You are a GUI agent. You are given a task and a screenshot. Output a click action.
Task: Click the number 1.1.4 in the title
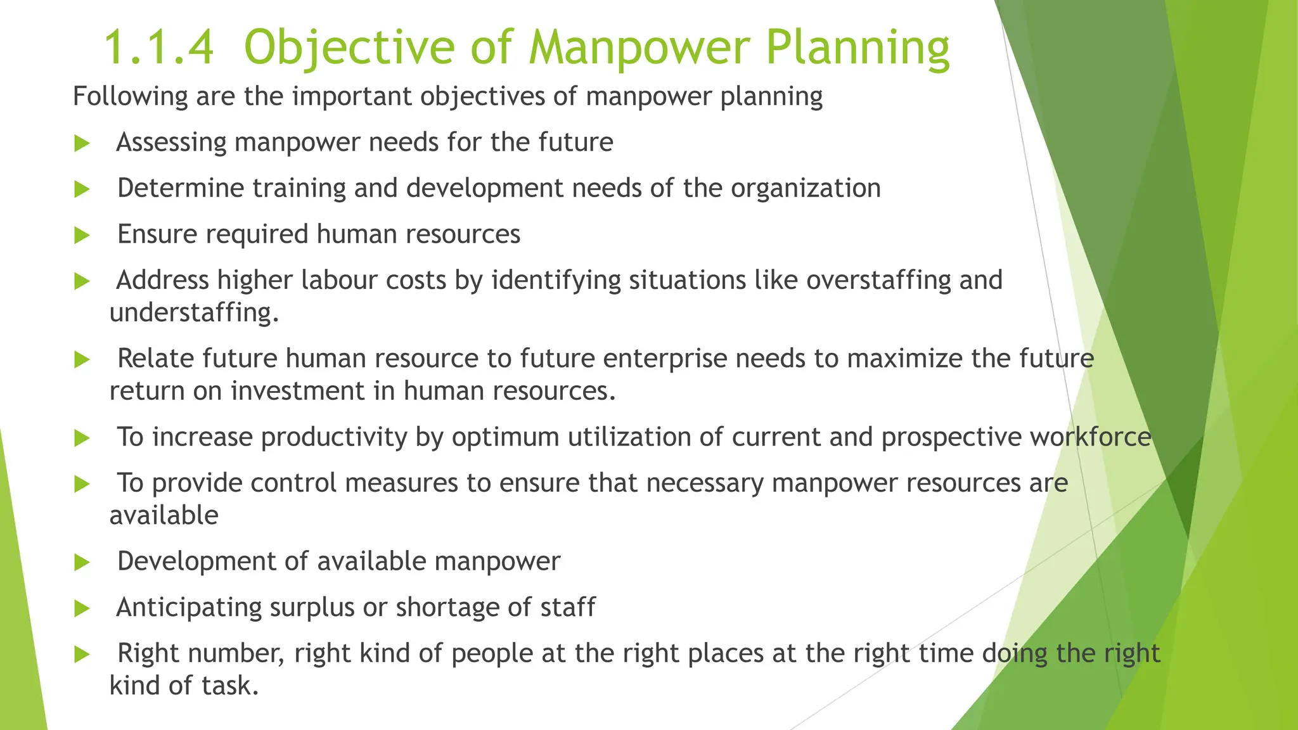(x=158, y=48)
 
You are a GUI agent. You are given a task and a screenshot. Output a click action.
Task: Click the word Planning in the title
(x=858, y=49)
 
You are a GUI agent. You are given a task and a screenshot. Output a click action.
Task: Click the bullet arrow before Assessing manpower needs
(x=82, y=143)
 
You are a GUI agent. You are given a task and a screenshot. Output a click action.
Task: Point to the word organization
(x=806, y=189)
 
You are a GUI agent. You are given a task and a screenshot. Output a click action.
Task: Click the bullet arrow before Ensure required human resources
(x=82, y=236)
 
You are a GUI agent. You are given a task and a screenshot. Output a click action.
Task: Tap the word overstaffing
(x=878, y=281)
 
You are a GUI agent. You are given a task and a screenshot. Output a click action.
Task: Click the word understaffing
(x=193, y=313)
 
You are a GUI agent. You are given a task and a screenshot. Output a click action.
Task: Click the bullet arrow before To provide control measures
(x=82, y=484)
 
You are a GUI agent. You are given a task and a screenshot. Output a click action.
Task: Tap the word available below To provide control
(x=164, y=516)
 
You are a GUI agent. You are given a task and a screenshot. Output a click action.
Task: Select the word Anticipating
(x=188, y=608)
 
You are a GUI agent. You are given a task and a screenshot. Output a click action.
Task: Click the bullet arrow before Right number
(x=82, y=654)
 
